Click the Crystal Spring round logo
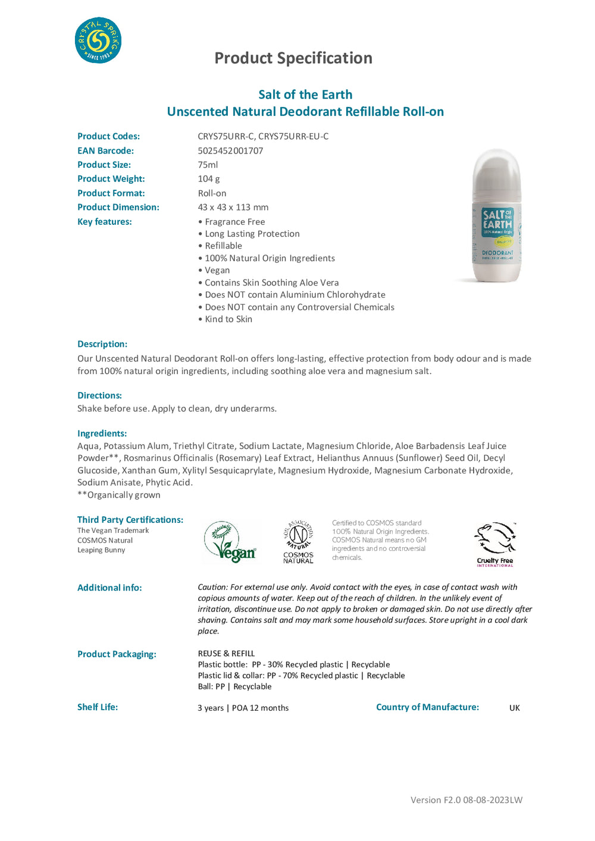pyautogui.click(x=98, y=40)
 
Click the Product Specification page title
pyautogui.click(x=293, y=58)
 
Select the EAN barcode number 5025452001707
pyautogui.click(x=230, y=150)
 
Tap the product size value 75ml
pyautogui.click(x=208, y=165)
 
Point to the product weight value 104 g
pyautogui.click(x=209, y=179)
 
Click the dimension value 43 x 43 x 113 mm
pyautogui.click(x=233, y=208)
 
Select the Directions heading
pyautogui.click(x=99, y=396)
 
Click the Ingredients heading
pyautogui.click(x=102, y=434)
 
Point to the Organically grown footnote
pyautogui.click(x=119, y=495)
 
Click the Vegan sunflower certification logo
pyautogui.click(x=230, y=542)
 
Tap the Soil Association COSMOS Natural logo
pyautogui.click(x=298, y=542)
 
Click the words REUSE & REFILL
pyautogui.click(x=226, y=654)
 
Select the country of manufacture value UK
pyautogui.click(x=515, y=708)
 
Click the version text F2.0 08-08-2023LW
pyautogui.click(x=466, y=800)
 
